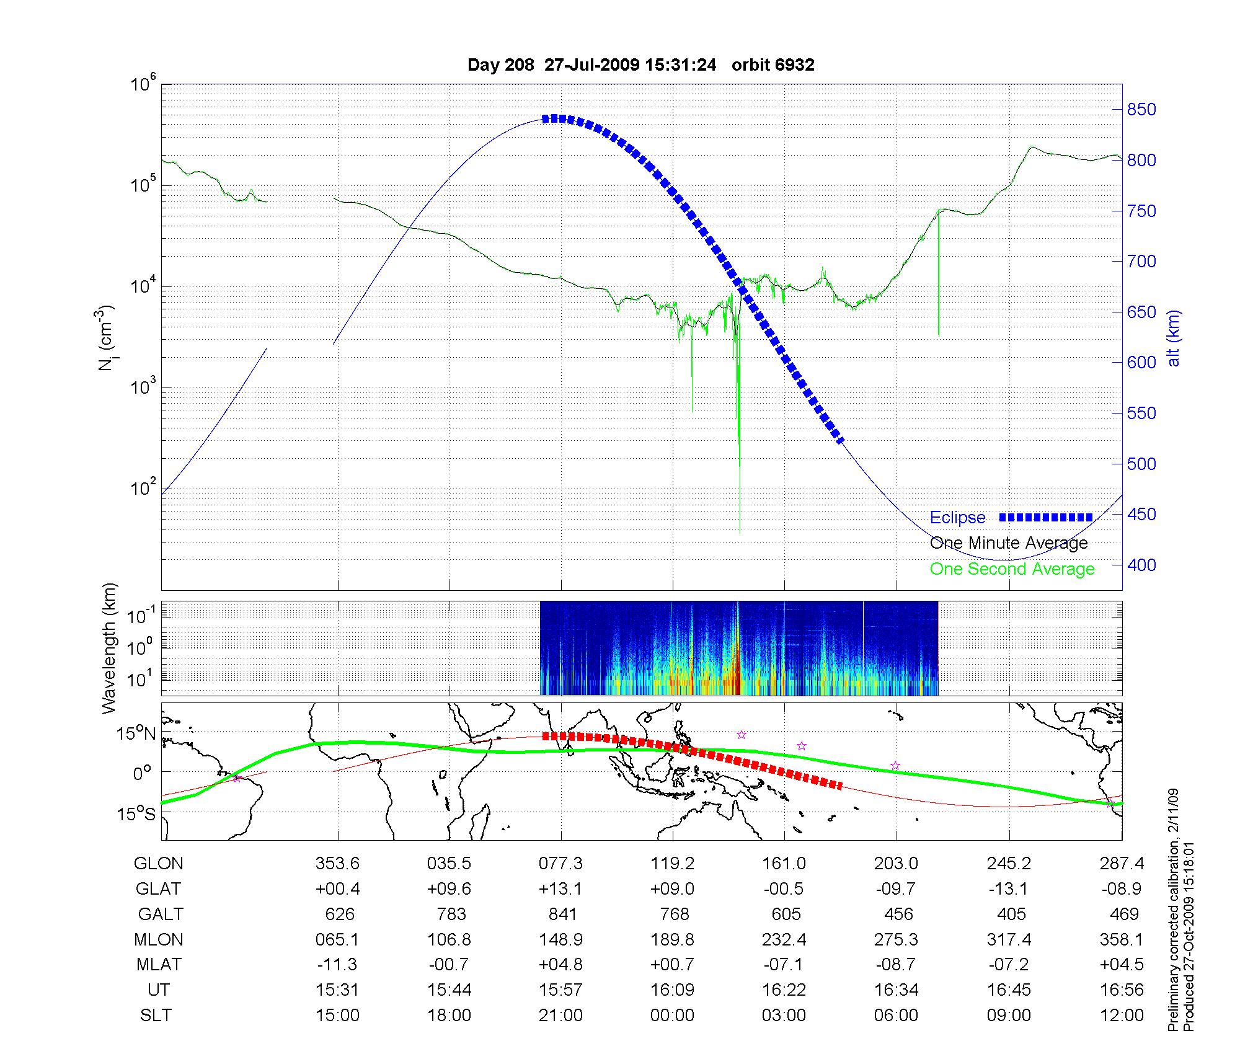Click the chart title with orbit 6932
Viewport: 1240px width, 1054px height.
tap(640, 65)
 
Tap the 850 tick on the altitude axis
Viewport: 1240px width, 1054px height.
tap(1141, 110)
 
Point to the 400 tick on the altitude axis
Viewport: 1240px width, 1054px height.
tap(1141, 565)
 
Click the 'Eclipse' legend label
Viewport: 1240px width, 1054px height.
tap(957, 518)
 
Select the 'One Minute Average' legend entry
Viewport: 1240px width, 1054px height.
tap(1009, 543)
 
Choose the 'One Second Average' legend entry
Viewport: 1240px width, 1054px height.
tap(1012, 569)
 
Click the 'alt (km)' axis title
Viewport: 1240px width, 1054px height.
tap(1174, 338)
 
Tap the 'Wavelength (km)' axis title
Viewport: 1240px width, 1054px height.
tap(110, 648)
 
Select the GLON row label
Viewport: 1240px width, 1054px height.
tap(159, 864)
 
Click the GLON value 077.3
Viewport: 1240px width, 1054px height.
tap(561, 864)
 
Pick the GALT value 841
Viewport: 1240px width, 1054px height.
tap(562, 914)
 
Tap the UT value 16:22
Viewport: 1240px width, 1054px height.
tap(784, 990)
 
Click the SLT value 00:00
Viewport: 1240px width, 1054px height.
tap(673, 1016)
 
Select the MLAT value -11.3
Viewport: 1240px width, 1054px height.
tap(337, 965)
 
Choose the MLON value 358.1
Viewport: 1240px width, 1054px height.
tap(1122, 940)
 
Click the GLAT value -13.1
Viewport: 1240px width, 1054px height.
tap(1009, 889)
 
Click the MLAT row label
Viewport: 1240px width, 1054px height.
tap(159, 965)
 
